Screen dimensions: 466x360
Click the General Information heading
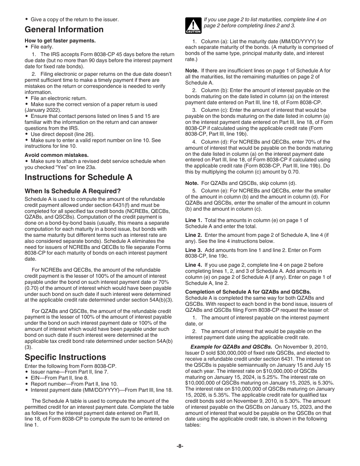coord(64,30)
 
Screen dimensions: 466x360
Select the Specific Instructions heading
coord(65,357)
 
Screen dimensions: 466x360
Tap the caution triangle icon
coord(193,26)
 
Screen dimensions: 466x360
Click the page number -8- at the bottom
coord(180,446)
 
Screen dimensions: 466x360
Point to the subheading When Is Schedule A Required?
coord(73,191)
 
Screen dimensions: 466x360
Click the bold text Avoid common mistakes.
coord(57,155)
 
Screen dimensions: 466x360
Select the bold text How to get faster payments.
coord(60,41)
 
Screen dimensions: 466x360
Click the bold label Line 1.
coord(193,220)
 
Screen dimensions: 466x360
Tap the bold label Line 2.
coord(193,235)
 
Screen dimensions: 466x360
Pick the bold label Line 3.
coord(193,250)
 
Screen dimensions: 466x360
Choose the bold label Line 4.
coord(193,265)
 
